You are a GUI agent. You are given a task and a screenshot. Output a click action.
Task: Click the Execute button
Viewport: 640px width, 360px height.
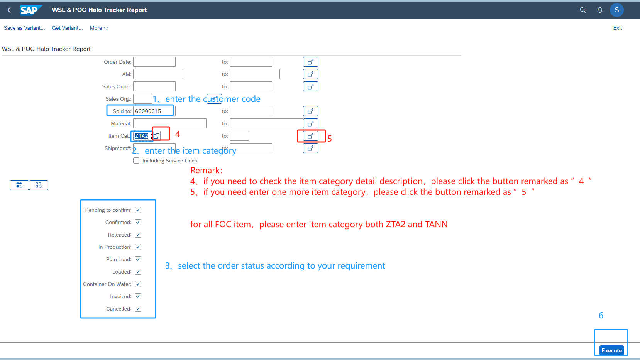coord(611,350)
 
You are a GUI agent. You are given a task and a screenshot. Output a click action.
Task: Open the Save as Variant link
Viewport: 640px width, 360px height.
coord(24,28)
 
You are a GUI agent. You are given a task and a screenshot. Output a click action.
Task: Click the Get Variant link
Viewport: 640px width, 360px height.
coord(67,28)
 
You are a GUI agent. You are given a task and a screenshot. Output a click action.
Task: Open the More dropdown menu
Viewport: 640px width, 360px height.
coord(99,28)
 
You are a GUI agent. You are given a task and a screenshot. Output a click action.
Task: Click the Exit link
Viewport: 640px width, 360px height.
coord(618,28)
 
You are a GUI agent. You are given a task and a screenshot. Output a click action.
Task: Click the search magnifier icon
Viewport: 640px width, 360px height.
coord(583,10)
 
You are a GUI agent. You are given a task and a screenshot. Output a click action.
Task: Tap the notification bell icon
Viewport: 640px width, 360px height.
coord(600,10)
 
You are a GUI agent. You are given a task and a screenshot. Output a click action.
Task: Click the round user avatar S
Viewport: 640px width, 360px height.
coord(616,10)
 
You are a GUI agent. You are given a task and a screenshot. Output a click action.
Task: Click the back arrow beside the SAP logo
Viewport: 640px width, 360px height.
coord(9,10)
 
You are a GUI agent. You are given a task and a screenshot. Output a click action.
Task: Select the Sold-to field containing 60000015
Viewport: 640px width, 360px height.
coord(154,111)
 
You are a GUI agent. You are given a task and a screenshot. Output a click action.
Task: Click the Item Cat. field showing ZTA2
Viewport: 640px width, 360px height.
coord(142,136)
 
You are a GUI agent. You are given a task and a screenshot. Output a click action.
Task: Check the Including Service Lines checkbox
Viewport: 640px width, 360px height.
coord(136,161)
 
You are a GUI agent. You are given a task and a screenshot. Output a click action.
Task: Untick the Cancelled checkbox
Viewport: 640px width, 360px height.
coord(138,309)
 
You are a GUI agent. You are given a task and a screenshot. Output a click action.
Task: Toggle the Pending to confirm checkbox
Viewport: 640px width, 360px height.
coord(138,210)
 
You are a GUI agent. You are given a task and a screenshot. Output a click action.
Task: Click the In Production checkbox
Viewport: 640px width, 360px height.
coord(138,247)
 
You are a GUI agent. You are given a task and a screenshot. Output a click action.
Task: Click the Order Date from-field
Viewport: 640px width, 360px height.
coord(154,62)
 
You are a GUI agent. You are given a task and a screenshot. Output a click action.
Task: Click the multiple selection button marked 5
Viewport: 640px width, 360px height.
coord(311,136)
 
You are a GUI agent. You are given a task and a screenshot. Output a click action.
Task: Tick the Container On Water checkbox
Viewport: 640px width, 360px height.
coord(138,284)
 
